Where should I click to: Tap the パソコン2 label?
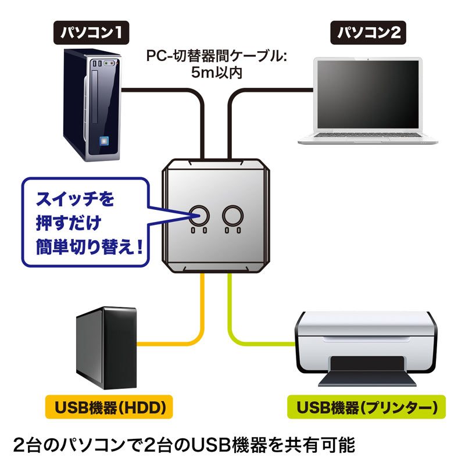click(370, 33)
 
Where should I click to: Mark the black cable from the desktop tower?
click(169, 90)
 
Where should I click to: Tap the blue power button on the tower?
click(106, 141)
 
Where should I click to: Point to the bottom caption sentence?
click(192, 445)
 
